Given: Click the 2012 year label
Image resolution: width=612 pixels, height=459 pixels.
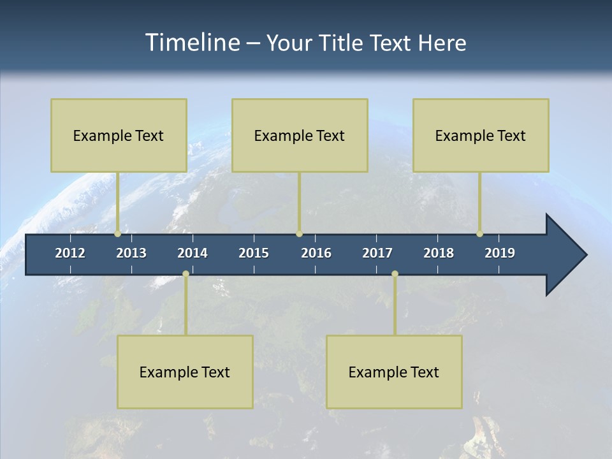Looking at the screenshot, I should [x=70, y=253].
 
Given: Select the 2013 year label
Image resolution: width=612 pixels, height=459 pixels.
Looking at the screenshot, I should [x=131, y=253].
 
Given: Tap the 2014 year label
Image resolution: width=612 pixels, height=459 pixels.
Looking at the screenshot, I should [x=193, y=253].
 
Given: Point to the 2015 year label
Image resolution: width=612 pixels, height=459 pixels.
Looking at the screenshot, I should [x=254, y=253].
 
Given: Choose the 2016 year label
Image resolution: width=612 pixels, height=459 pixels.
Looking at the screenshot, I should [x=316, y=253].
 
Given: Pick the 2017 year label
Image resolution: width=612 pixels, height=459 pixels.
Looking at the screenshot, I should [x=377, y=253].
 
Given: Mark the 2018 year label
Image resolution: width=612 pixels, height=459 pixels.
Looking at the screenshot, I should [x=439, y=253].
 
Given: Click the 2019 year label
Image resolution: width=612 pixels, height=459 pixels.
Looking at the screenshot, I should [x=500, y=253].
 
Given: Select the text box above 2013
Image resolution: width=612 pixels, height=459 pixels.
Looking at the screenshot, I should [x=119, y=135].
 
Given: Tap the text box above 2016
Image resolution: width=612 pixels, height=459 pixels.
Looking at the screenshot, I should [x=300, y=135].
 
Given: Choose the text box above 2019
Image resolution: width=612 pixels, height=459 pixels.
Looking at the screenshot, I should [x=481, y=135].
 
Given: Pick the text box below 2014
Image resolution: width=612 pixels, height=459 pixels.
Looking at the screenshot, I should [x=185, y=372].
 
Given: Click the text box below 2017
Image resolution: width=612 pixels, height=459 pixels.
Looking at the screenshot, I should [x=394, y=372].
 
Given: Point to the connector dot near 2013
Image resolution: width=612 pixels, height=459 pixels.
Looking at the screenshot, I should [x=117, y=234].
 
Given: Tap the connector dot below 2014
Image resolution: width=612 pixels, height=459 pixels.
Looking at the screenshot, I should [x=186, y=273].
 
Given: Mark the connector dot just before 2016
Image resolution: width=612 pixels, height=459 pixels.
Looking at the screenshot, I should [x=299, y=234].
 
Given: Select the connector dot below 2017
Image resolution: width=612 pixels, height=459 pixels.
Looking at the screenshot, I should [x=395, y=273].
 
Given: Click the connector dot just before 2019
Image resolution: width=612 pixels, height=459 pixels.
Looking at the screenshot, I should [x=479, y=234].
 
